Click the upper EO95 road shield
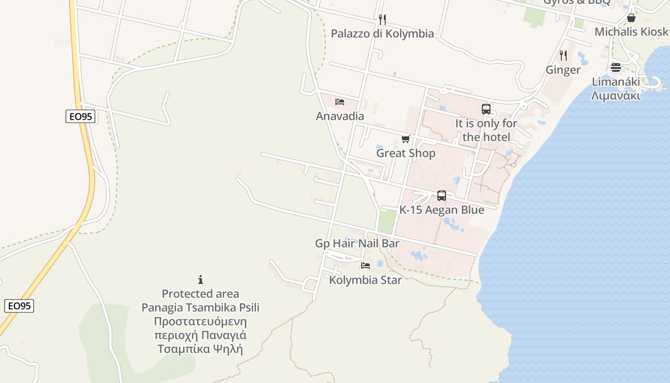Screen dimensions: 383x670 click(x=80, y=116)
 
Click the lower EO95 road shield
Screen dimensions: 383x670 click(x=19, y=306)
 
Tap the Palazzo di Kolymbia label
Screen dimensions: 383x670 click(x=382, y=34)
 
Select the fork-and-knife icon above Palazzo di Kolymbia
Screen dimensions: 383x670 click(x=382, y=19)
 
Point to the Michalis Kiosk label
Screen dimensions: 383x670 click(x=631, y=32)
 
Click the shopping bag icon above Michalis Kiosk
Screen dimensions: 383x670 click(x=631, y=18)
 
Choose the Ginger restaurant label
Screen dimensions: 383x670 click(x=563, y=70)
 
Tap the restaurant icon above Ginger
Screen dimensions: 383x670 click(x=563, y=56)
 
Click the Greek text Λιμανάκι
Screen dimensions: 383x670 click(x=615, y=95)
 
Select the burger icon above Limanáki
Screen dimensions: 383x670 click(x=615, y=68)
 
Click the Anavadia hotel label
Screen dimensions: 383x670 click(x=340, y=116)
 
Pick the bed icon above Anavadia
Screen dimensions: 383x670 click(x=340, y=101)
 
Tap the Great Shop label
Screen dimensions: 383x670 click(x=406, y=153)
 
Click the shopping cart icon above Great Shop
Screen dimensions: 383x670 click(x=406, y=139)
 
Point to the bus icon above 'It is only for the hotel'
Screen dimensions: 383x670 click(x=486, y=109)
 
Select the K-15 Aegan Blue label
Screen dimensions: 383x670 click(x=442, y=210)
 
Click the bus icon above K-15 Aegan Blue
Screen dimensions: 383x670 click(x=442, y=196)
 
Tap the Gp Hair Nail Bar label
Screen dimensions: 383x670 click(x=357, y=243)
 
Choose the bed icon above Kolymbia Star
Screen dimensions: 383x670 click(x=366, y=266)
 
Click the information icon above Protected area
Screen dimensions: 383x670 click(x=201, y=280)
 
